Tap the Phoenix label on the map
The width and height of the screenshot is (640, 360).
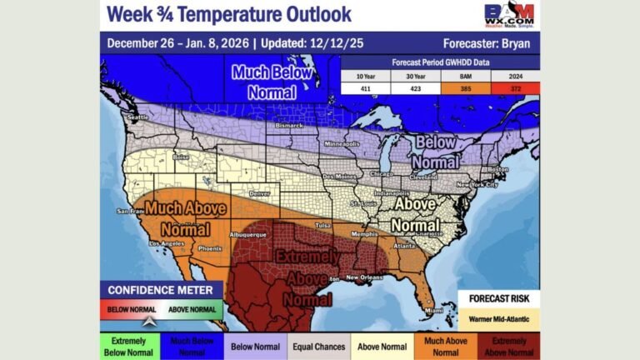[x=210, y=248]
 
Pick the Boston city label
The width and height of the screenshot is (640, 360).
[x=498, y=170]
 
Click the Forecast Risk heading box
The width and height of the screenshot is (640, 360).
[x=498, y=298]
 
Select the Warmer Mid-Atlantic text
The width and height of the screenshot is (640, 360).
[x=498, y=317]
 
